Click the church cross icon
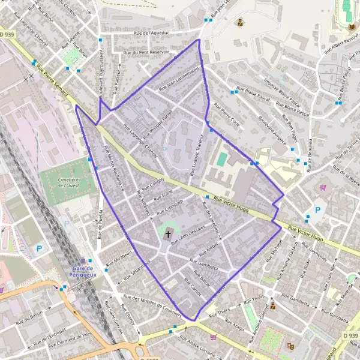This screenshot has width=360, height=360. (x=169, y=235)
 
